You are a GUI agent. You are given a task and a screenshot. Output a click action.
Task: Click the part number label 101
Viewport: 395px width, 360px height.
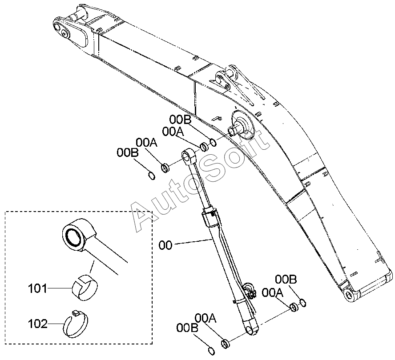click(x=37, y=288)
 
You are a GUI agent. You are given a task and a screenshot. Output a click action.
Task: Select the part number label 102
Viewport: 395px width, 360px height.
click(x=37, y=324)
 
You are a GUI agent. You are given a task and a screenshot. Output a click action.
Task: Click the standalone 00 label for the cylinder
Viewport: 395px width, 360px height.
click(x=165, y=245)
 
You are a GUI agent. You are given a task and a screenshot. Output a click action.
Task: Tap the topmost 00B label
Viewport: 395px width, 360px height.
click(x=180, y=120)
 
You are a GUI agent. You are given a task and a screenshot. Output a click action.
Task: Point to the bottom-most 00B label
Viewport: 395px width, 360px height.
click(x=187, y=328)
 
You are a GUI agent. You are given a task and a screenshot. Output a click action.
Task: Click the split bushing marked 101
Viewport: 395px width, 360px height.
click(x=85, y=288)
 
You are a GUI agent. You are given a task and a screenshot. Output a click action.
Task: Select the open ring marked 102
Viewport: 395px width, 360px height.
click(x=76, y=324)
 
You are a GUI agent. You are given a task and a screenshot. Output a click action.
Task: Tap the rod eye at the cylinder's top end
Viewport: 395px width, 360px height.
click(x=188, y=157)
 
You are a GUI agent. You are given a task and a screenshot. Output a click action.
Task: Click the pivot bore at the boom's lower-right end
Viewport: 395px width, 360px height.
click(x=349, y=295)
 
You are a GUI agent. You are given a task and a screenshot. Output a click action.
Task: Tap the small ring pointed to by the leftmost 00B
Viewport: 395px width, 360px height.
click(x=151, y=176)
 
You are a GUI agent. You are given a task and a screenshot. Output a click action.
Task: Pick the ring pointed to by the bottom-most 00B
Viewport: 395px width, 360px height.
click(x=211, y=351)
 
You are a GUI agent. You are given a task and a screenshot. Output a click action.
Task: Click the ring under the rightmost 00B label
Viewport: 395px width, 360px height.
click(x=303, y=303)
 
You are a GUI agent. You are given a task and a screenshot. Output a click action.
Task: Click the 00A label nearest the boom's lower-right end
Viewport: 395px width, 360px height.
click(x=273, y=293)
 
